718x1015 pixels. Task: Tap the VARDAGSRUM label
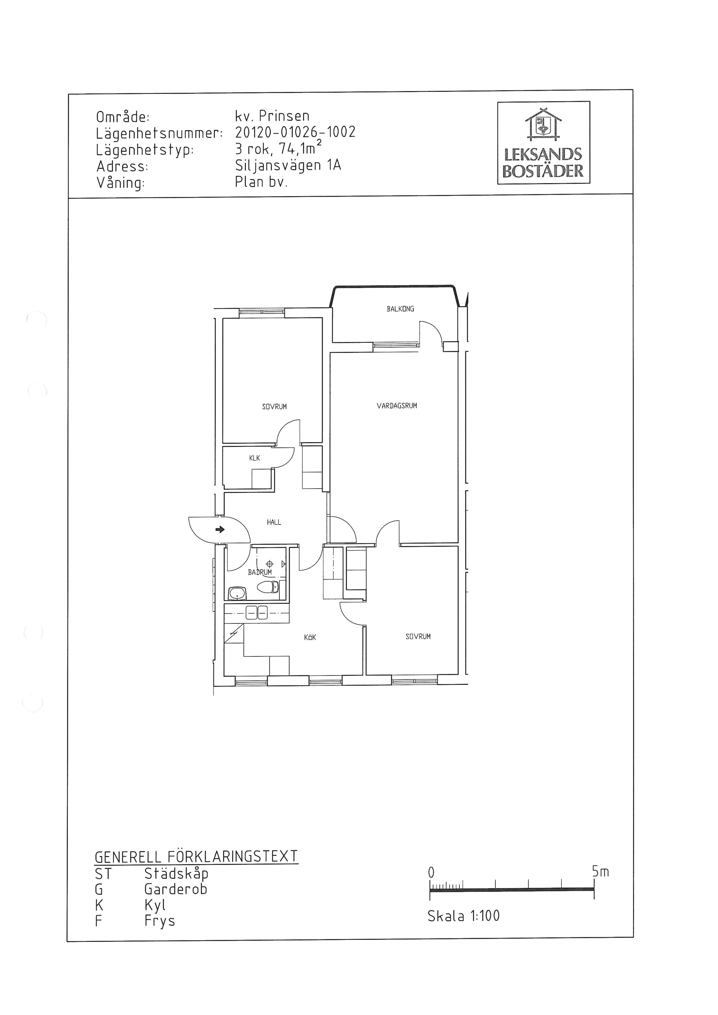point(397,405)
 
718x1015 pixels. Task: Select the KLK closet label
point(255,458)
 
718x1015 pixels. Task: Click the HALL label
point(274,522)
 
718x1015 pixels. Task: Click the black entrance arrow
point(220,529)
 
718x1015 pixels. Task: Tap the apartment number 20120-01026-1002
point(295,132)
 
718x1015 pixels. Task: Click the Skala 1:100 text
point(463,915)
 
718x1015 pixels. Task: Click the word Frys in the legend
point(160,921)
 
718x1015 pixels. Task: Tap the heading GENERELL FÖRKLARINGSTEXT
point(196,856)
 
